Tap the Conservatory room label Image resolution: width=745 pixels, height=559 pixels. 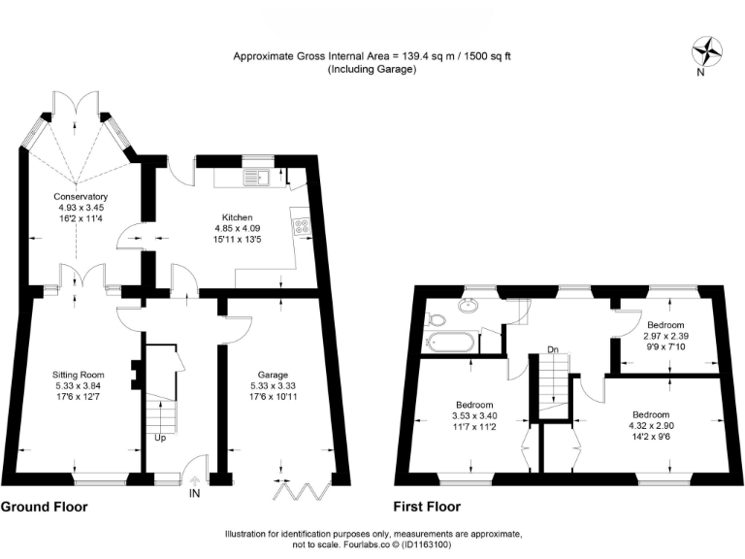coord(81,197)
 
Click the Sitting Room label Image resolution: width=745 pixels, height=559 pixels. coord(78,374)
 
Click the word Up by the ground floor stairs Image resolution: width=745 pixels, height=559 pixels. coord(160,438)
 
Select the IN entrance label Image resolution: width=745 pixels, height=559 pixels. coord(195,494)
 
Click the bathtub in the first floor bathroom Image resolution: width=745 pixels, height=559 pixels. coord(449,343)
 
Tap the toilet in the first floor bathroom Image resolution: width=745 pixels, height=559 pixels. coord(437,319)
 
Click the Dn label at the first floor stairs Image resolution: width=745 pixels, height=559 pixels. coord(552,349)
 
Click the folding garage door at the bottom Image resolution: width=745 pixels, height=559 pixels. coord(293,490)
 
